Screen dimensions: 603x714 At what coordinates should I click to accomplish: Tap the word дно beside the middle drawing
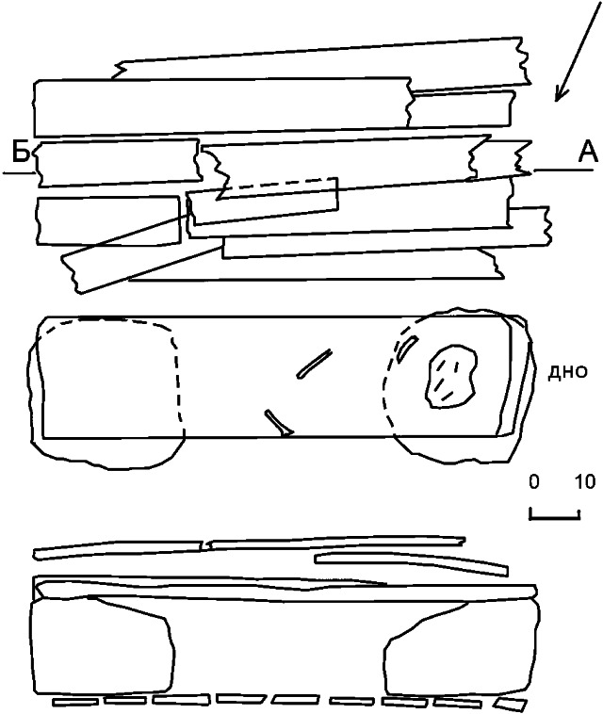coord(567,372)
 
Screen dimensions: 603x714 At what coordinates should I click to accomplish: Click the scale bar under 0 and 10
coord(554,517)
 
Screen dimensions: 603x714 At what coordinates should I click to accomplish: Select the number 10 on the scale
coord(585,481)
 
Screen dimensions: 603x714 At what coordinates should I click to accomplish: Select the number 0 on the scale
coord(534,481)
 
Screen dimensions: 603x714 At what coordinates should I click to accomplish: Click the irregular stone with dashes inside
coord(451,376)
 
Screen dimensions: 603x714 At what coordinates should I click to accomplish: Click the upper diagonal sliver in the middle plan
coord(315,364)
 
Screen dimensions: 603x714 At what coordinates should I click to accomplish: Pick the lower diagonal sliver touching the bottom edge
coord(279,424)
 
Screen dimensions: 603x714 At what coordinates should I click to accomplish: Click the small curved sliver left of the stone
coord(407,348)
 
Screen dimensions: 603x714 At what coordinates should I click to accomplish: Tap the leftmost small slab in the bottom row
coord(75,701)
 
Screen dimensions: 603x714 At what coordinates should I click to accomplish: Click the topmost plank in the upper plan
coord(321,64)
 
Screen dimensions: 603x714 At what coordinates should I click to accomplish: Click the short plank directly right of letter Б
coord(119,163)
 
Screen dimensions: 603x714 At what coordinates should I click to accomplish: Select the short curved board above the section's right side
coord(411,563)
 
